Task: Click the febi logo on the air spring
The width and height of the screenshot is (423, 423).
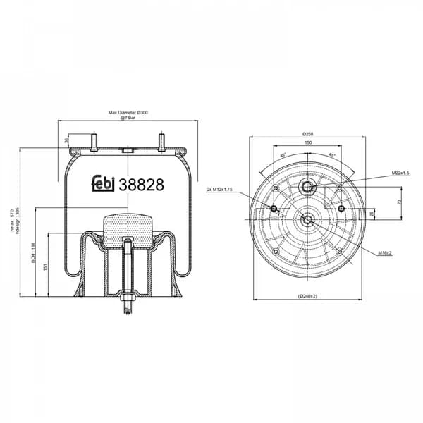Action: tap(104, 184)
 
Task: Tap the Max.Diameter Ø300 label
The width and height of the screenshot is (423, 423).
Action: tap(128, 113)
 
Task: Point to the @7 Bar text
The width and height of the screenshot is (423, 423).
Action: tap(128, 118)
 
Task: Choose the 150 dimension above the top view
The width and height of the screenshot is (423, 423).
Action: tap(307, 142)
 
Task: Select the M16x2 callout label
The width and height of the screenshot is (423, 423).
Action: tap(384, 252)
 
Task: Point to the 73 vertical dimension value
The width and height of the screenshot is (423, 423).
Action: tap(399, 202)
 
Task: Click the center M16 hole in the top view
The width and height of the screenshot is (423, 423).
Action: tap(307, 219)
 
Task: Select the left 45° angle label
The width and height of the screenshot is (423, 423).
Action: tap(283, 156)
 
